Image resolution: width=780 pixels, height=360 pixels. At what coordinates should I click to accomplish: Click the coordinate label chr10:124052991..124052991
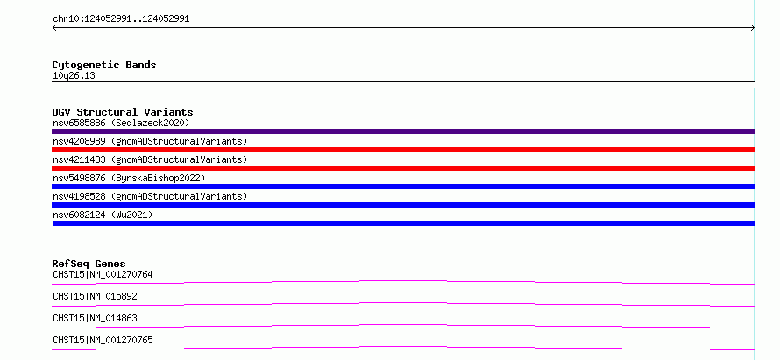[121, 19]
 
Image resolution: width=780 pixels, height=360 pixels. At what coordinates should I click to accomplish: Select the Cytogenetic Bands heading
[104, 65]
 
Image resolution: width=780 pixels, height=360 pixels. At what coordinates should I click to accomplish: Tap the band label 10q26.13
[74, 76]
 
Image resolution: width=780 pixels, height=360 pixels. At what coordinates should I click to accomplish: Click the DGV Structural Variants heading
[123, 112]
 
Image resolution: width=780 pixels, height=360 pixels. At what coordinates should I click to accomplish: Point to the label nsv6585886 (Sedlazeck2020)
[121, 123]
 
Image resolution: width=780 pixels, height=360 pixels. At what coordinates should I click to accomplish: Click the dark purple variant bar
[403, 131]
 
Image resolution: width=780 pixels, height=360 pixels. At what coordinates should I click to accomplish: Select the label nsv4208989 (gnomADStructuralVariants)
[150, 141]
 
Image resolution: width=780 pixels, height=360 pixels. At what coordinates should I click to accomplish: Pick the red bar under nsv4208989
[403, 150]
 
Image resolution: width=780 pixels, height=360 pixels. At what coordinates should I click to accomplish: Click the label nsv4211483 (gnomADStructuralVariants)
[150, 159]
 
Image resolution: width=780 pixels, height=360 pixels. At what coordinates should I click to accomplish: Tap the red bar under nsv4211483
[403, 168]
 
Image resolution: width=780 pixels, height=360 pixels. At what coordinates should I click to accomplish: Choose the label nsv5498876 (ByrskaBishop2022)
[129, 178]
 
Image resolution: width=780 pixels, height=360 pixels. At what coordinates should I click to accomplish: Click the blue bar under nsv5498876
[403, 187]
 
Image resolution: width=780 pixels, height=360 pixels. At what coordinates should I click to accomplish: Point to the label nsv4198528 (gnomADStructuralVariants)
[150, 196]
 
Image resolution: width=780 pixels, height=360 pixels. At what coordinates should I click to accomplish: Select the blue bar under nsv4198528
[403, 205]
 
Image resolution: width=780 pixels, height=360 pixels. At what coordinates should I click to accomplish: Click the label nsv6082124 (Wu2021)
[103, 215]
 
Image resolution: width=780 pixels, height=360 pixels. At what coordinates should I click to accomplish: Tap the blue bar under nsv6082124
[403, 223]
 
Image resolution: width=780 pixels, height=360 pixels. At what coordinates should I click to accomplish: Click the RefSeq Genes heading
[89, 264]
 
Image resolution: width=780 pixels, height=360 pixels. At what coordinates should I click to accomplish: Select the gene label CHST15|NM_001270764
[103, 274]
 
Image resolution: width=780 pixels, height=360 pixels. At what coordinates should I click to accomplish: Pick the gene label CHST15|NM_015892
[95, 296]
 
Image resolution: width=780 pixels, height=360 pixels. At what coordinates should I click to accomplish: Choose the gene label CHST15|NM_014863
[95, 318]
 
